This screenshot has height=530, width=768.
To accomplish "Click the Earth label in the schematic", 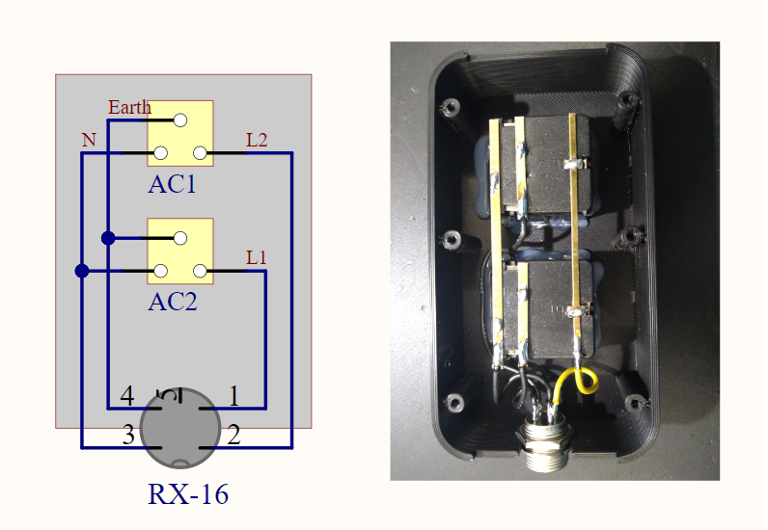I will click(129, 107).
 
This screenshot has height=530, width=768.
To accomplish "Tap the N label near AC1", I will click(89, 141).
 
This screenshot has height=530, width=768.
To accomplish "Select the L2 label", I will click(257, 141).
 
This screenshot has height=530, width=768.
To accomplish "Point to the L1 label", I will click(257, 258).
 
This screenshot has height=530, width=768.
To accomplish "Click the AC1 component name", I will click(172, 184).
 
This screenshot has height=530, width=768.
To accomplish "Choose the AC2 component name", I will click(172, 302).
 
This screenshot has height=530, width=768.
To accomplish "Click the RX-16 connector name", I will click(188, 494).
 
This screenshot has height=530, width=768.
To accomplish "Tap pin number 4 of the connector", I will click(126, 396).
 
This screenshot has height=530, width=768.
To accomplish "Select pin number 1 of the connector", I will click(233, 396).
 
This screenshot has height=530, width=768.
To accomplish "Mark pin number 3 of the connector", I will click(128, 436).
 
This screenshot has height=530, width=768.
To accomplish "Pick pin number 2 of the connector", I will click(233, 436).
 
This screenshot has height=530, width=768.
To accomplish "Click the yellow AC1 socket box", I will click(180, 133).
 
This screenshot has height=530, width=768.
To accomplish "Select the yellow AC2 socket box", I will click(180, 251).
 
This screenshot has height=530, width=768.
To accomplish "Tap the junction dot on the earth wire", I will click(108, 238).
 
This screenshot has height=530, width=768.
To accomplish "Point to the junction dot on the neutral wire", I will click(82, 271).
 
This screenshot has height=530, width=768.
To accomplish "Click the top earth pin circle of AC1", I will click(180, 120).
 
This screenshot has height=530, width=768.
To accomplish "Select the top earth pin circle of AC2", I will click(180, 238).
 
